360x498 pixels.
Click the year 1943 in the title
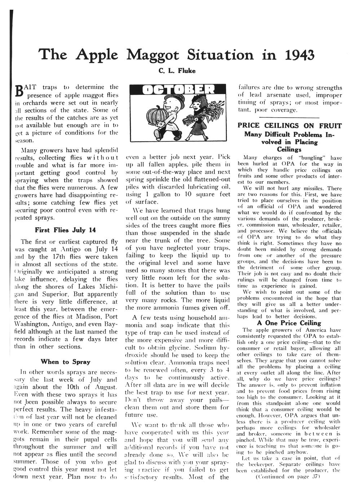coord(299,55)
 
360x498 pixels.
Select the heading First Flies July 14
coord(66,230)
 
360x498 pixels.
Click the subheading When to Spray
coord(66,362)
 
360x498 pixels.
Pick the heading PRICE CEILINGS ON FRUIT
coord(289,126)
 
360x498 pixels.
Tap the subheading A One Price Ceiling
coord(289,323)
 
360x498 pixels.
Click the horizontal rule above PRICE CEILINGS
coord(289,118)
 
